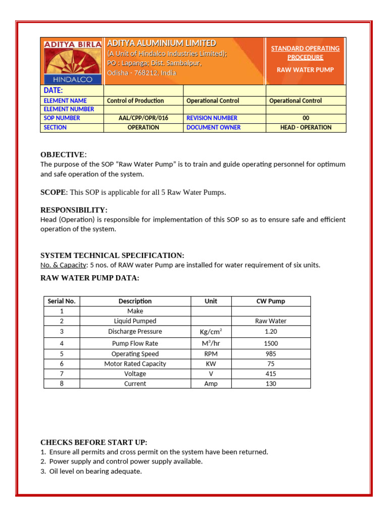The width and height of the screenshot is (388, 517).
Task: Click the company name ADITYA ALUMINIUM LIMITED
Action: click(x=161, y=43)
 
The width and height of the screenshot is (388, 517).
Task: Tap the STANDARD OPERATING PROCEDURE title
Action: click(x=305, y=53)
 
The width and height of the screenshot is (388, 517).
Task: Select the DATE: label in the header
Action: click(x=53, y=90)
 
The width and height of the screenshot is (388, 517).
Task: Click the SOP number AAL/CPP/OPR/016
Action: click(x=143, y=118)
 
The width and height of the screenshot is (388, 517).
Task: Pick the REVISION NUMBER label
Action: click(x=212, y=118)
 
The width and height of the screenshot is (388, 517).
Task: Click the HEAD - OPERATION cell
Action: click(x=306, y=127)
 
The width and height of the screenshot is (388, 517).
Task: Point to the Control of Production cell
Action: click(x=135, y=100)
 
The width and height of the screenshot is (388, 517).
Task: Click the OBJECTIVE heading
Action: click(x=63, y=154)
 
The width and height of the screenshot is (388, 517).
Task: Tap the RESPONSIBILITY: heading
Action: click(x=74, y=210)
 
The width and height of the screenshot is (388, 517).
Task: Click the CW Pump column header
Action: click(x=271, y=301)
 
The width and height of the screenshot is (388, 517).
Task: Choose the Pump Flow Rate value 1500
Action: click(x=271, y=343)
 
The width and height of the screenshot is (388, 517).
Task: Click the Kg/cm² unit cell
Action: click(x=211, y=332)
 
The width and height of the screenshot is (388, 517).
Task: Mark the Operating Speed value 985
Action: click(x=271, y=354)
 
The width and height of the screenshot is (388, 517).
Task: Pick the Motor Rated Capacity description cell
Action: click(x=135, y=364)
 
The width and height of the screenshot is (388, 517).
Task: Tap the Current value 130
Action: click(x=271, y=384)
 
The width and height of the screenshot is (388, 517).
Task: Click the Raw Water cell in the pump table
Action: click(x=271, y=321)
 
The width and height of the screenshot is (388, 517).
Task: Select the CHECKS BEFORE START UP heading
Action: click(x=93, y=442)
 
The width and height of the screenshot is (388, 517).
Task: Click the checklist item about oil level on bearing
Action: click(x=95, y=471)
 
